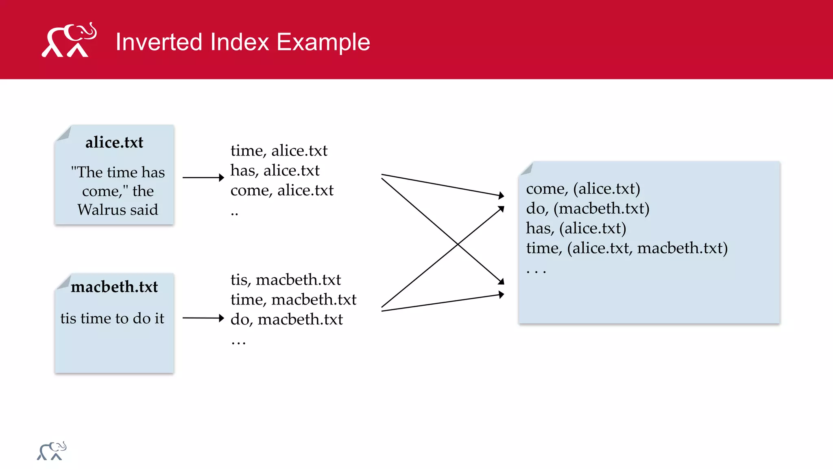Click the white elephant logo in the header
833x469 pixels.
[x=69, y=40]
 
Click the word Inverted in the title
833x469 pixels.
[x=158, y=42]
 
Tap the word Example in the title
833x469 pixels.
[x=323, y=42]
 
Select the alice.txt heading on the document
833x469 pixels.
[x=114, y=142]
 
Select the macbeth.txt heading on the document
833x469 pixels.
[x=114, y=287]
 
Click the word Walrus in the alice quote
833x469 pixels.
[x=102, y=210]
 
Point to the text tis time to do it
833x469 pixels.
[x=112, y=318]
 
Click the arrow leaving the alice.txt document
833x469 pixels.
[x=203, y=178]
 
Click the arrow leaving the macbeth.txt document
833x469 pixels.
[x=203, y=318]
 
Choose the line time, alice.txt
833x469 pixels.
[x=279, y=151]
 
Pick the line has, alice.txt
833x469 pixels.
[x=275, y=171]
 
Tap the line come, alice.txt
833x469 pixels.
[x=282, y=191]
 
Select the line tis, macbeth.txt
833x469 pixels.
[x=286, y=280]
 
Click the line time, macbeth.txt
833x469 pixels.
[x=293, y=300]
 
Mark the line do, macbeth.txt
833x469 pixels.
[x=286, y=320]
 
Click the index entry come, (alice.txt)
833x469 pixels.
[x=583, y=188]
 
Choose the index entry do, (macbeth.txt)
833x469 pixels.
[x=587, y=208]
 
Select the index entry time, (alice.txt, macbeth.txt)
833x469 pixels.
[x=626, y=248]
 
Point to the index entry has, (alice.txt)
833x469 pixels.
[x=576, y=228]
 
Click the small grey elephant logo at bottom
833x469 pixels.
[x=52, y=451]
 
